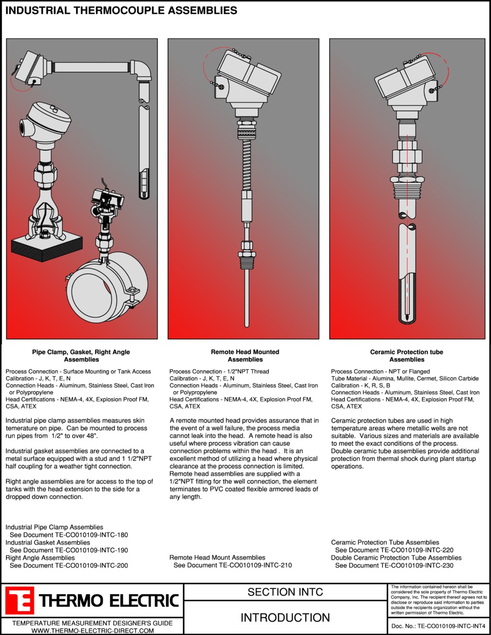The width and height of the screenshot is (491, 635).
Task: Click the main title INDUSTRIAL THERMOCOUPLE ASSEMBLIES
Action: coord(121,11)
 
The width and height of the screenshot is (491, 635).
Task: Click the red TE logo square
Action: coord(20,600)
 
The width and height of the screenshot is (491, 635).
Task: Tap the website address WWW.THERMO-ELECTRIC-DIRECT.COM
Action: coord(93,631)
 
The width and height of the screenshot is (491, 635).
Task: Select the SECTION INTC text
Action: coord(285,592)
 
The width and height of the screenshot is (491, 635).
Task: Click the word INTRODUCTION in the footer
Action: coord(285,617)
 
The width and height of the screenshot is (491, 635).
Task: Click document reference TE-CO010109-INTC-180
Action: coord(91,535)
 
